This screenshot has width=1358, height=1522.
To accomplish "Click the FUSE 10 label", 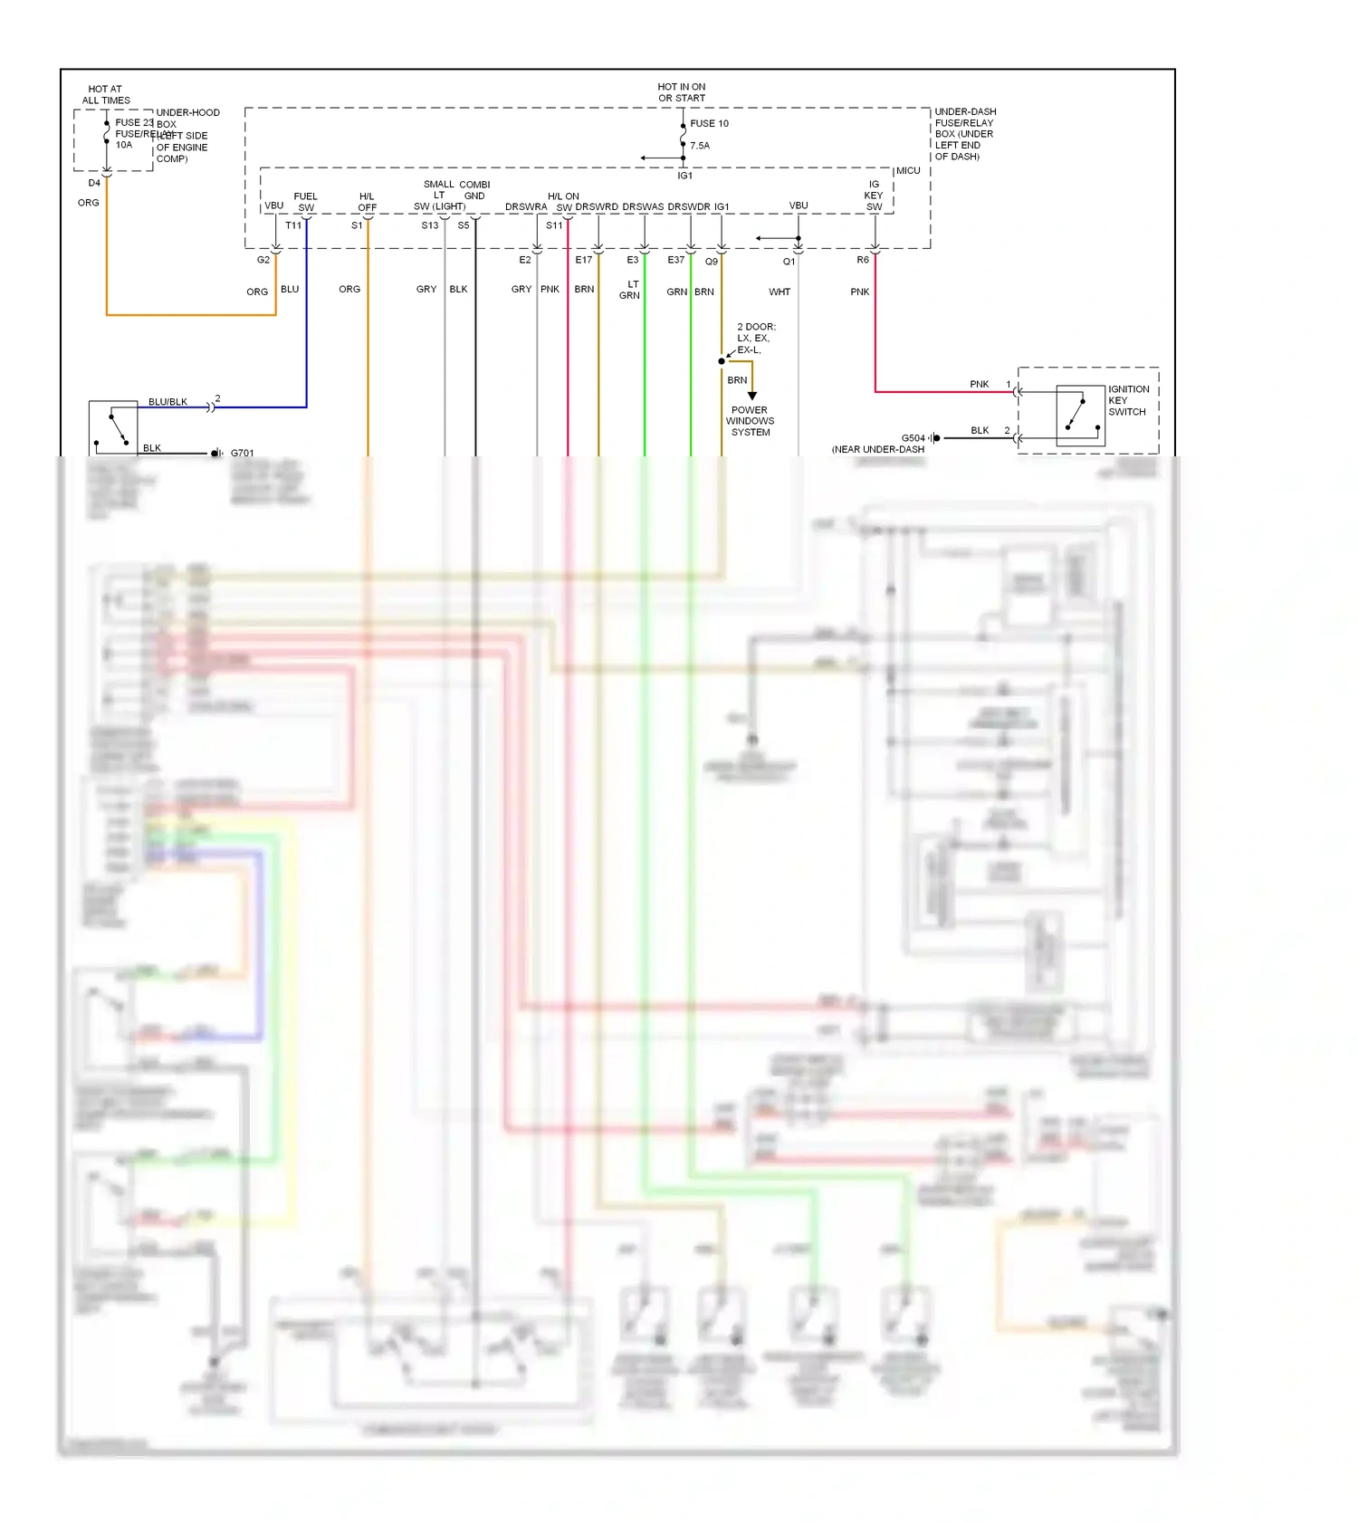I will pyautogui.click(x=709, y=124).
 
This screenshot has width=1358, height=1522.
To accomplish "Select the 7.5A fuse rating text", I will pyautogui.click(x=700, y=146).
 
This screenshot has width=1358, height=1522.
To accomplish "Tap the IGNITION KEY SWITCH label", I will pyautogui.click(x=1128, y=400).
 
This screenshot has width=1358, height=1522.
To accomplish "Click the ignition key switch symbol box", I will pyautogui.click(x=1080, y=416).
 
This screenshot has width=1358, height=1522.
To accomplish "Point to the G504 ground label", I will pyautogui.click(x=913, y=438).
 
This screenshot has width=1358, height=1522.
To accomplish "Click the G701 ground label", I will pyautogui.click(x=243, y=454).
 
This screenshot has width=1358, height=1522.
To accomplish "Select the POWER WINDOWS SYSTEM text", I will pyautogui.click(x=750, y=421).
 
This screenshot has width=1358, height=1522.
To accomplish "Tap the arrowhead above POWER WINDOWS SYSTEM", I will pyautogui.click(x=751, y=396).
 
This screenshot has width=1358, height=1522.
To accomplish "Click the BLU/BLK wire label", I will pyautogui.click(x=167, y=402).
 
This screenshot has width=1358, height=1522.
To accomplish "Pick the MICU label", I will pyautogui.click(x=908, y=171).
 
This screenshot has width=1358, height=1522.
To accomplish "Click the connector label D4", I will pyautogui.click(x=94, y=183).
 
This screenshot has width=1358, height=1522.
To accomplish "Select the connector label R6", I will pyautogui.click(x=863, y=260).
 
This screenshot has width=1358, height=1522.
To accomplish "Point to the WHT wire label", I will pyautogui.click(x=779, y=292).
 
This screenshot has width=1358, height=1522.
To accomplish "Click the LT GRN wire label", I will pyautogui.click(x=630, y=290).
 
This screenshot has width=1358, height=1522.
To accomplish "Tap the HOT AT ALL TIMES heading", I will pyautogui.click(x=106, y=95).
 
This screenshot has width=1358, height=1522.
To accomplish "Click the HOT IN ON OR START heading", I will pyautogui.click(x=682, y=92).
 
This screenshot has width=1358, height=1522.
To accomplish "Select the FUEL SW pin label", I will pyautogui.click(x=306, y=202).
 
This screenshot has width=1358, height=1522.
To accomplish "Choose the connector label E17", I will pyautogui.click(x=584, y=260).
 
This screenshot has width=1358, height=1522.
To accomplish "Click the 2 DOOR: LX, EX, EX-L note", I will pyautogui.click(x=755, y=339).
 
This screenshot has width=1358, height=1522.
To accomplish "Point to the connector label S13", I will pyautogui.click(x=430, y=225).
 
